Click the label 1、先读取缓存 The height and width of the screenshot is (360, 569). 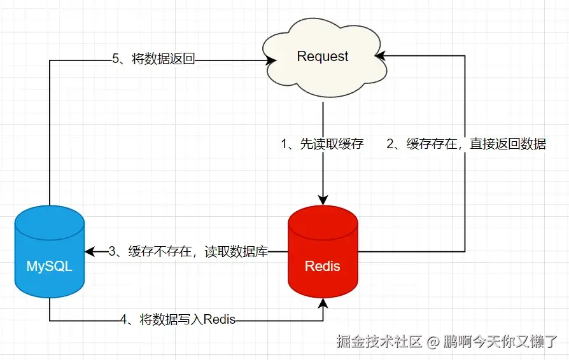(x=323, y=144)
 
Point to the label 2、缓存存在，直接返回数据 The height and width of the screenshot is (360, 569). (x=466, y=144)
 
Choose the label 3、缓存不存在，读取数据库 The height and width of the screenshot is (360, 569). (x=188, y=252)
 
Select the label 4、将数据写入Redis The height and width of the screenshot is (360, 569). (x=178, y=319)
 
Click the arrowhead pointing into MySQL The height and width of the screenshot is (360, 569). (x=89, y=252)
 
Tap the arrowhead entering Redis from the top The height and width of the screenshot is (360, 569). (x=323, y=200)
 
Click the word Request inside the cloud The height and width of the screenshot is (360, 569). (x=323, y=57)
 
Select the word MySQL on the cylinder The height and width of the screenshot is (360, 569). (x=50, y=267)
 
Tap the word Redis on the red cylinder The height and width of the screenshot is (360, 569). (x=323, y=266)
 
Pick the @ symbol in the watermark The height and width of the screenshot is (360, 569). (x=433, y=342)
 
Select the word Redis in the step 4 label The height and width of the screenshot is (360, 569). (x=220, y=319)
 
